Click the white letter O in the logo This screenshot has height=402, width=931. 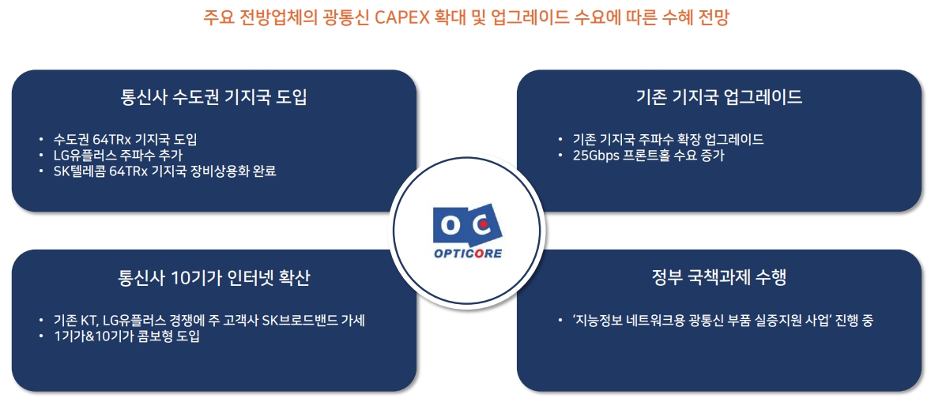tap(449, 225)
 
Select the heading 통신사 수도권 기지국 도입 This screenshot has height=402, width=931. tap(213, 97)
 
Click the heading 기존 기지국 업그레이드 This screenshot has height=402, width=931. tap(718, 97)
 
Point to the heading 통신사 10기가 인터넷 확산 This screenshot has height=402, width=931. tap(213, 277)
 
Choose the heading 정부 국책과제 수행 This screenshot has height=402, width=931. tap(718, 277)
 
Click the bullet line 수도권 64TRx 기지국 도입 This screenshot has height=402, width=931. tap(124, 140)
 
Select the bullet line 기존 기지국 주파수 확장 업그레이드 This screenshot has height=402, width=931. tap(668, 140)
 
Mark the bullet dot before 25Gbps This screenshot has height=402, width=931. tap(560, 156)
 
